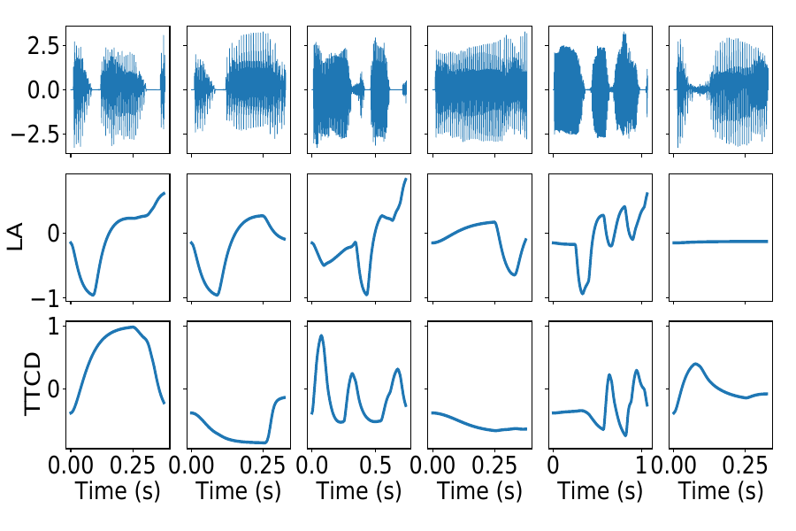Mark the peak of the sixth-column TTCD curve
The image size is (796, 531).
pyautogui.click(x=696, y=364)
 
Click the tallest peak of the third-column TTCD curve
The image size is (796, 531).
pyautogui.click(x=321, y=335)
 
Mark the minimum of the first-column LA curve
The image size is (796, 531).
pyautogui.click(x=92, y=294)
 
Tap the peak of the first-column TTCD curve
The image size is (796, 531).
pyautogui.click(x=134, y=327)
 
